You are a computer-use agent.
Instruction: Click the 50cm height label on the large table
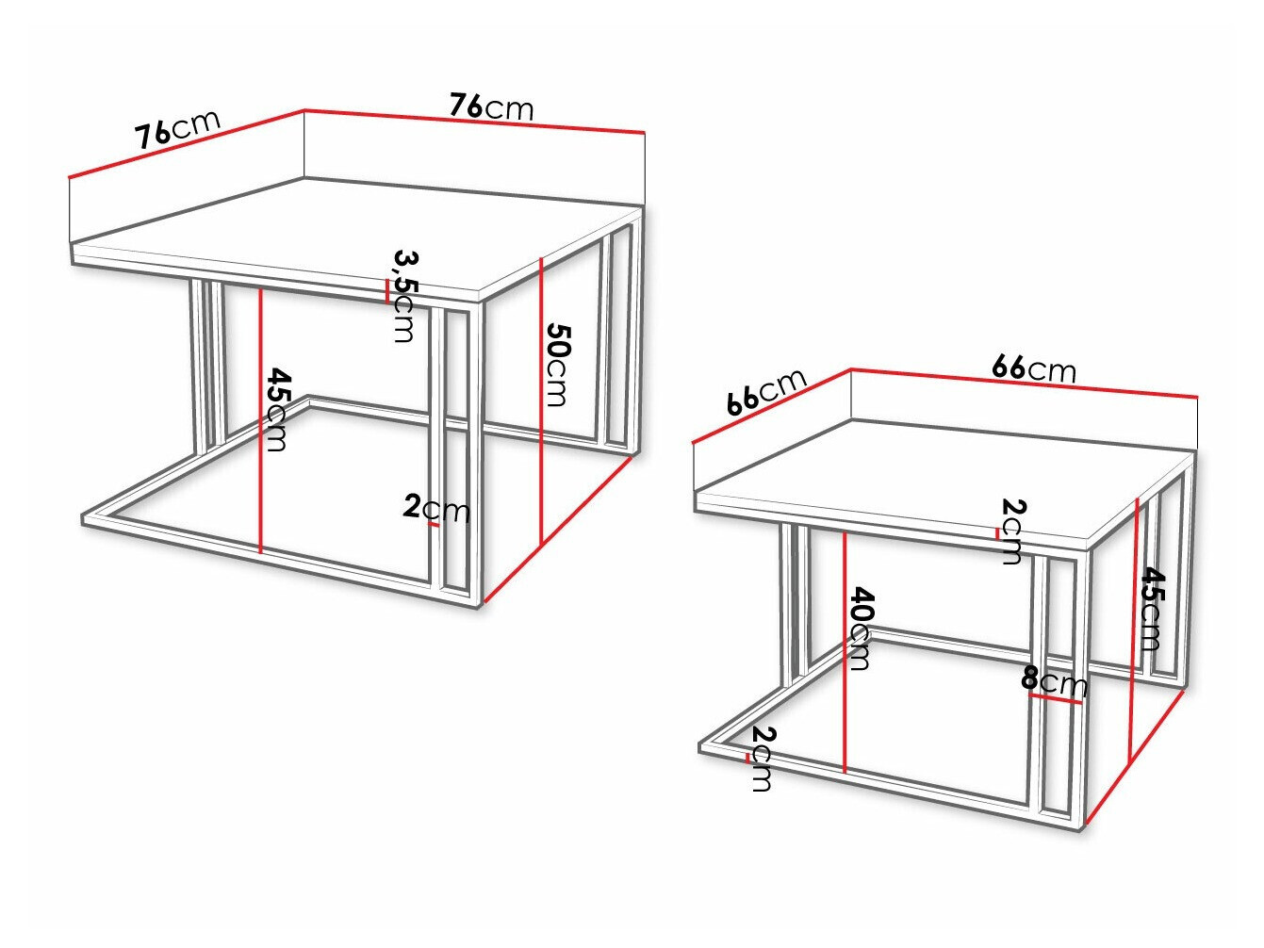point(557,365)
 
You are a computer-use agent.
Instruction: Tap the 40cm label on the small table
point(860,629)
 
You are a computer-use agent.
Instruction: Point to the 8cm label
point(1054,680)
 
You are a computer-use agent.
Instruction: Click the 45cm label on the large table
point(276,409)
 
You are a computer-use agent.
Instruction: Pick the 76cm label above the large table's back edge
point(491,106)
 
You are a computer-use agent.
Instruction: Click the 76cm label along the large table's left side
point(177,129)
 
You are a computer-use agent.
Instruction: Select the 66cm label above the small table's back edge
point(1033,368)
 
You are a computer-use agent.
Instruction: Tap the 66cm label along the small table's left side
point(766,391)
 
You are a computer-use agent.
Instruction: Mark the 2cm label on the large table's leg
point(435,508)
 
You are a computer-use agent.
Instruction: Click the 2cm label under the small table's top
point(1012,531)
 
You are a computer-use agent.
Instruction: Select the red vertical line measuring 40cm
point(845,650)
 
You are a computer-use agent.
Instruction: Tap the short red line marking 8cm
point(1055,698)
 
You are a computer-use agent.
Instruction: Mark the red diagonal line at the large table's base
point(556,531)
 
